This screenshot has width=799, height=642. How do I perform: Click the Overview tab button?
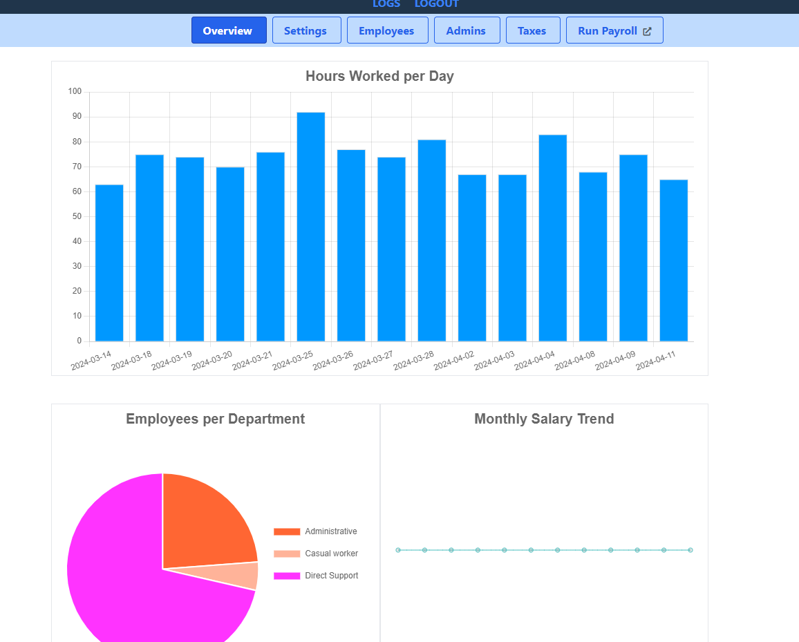(229, 30)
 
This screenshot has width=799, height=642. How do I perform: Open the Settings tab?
(306, 30)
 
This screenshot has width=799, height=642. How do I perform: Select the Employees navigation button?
(387, 30)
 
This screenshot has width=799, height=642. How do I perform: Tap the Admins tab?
(467, 30)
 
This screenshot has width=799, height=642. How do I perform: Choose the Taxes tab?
(532, 30)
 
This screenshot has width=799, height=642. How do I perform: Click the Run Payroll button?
(614, 30)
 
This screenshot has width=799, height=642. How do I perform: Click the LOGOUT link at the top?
(436, 4)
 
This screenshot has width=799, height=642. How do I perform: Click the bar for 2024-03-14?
(109, 263)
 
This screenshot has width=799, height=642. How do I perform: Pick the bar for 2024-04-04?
(552, 238)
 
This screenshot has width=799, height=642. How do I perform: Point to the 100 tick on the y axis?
(75, 92)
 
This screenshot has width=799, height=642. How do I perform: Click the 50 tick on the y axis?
(77, 216)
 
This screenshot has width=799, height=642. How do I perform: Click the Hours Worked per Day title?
(379, 76)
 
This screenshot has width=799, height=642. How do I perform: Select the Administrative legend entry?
(316, 531)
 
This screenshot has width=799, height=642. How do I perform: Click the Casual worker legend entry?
(316, 554)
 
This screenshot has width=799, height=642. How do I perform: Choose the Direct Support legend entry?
(316, 576)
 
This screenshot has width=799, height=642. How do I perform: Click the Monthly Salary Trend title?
(544, 419)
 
